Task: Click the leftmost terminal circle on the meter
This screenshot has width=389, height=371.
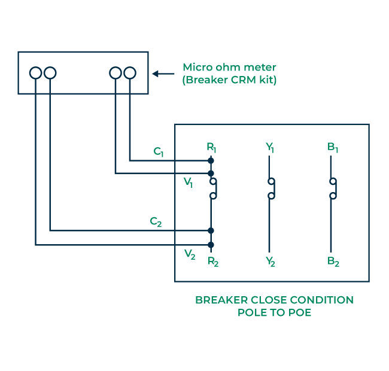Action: pyautogui.click(x=36, y=73)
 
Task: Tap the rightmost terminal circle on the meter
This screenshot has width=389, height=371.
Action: pyautogui.click(x=130, y=73)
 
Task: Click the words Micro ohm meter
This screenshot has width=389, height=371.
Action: pyautogui.click(x=229, y=67)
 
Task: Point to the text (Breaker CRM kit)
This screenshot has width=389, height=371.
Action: pyautogui.click(x=229, y=80)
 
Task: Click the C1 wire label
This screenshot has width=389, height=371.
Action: pyautogui.click(x=159, y=152)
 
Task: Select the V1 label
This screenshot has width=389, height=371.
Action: pyautogui.click(x=188, y=183)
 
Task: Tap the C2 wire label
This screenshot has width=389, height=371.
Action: pyautogui.click(x=156, y=222)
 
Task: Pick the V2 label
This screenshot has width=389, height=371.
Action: pyautogui.click(x=190, y=255)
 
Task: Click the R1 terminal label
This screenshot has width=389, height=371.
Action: pyautogui.click(x=211, y=147)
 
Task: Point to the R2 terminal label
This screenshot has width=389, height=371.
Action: pyautogui.click(x=212, y=261)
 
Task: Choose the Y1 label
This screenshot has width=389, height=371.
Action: pyautogui.click(x=270, y=147)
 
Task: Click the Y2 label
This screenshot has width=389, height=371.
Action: pyautogui.click(x=271, y=261)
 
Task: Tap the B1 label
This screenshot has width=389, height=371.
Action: pyautogui.click(x=332, y=147)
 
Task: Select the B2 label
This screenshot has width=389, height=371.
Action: pyautogui.click(x=333, y=261)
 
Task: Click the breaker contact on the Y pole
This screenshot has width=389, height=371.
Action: pyautogui.click(x=272, y=188)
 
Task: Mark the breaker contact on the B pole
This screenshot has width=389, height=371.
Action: pyautogui.click(x=332, y=188)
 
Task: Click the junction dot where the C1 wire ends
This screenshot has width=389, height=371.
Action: pyautogui.click(x=211, y=160)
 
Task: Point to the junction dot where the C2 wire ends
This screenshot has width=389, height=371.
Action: pyautogui.click(x=211, y=230)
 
